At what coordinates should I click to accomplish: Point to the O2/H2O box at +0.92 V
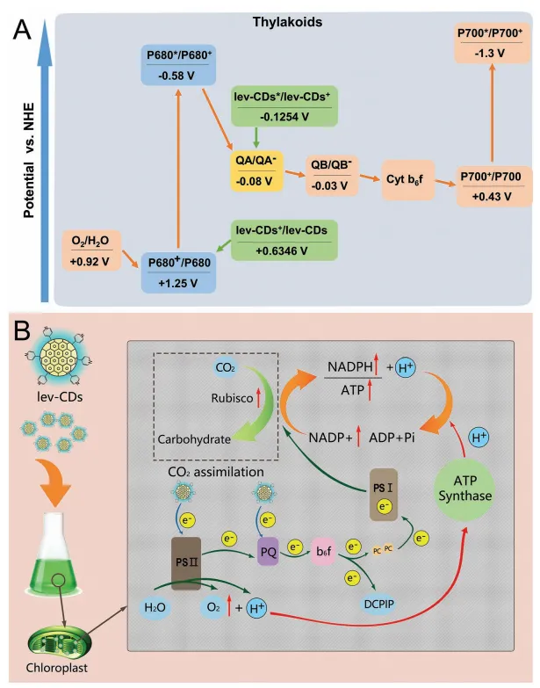pyautogui.click(x=93, y=250)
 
